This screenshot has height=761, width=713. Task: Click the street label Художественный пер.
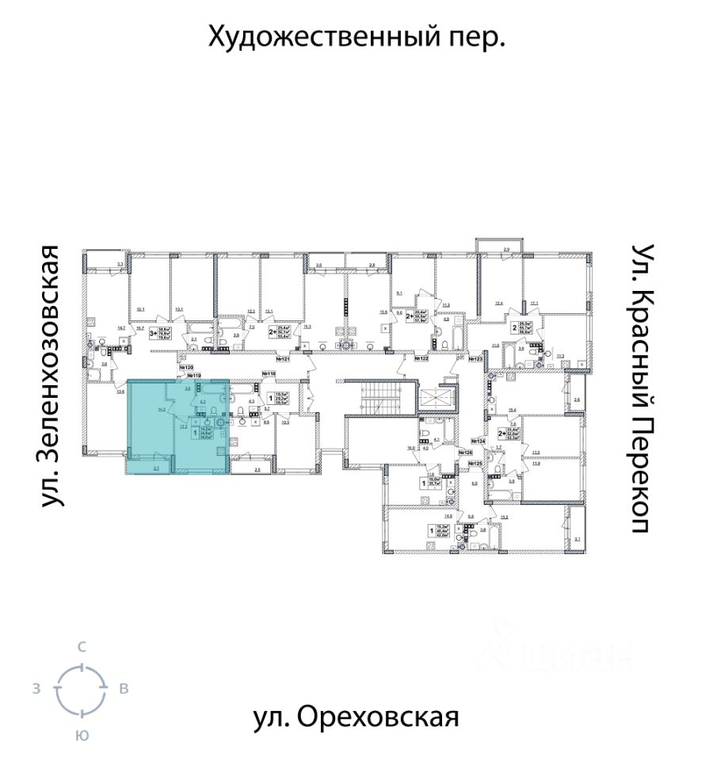pyautogui.click(x=356, y=36)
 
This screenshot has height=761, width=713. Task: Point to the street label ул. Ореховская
pyautogui.click(x=356, y=717)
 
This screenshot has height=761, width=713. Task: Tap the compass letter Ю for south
pyautogui.click(x=81, y=736)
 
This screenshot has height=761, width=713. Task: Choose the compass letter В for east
pyautogui.click(x=124, y=689)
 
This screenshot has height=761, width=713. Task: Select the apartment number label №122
pyautogui.click(x=420, y=359)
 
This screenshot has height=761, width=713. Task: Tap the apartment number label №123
pyautogui.click(x=476, y=359)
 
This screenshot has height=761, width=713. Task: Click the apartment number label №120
pyautogui.click(x=187, y=367)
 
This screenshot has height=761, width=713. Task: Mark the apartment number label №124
pyautogui.click(x=478, y=441)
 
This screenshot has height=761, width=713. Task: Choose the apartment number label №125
pyautogui.click(x=475, y=464)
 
